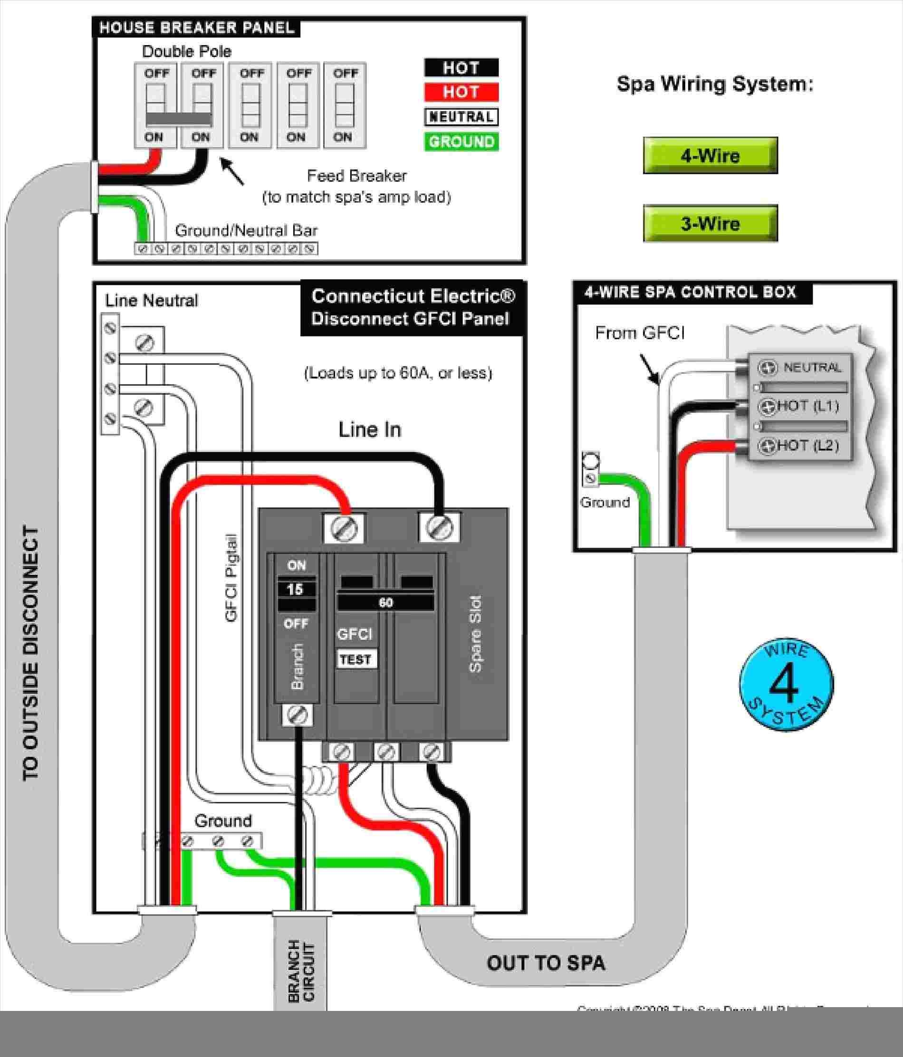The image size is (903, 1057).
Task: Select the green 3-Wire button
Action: click(710, 223)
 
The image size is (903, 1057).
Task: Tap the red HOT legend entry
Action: click(461, 92)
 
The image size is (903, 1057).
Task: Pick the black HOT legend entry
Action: click(461, 68)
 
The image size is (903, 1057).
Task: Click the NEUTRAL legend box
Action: click(461, 117)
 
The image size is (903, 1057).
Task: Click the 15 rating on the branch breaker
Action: click(296, 589)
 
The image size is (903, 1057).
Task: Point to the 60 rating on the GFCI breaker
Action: click(385, 602)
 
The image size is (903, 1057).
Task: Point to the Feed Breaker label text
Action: click(357, 176)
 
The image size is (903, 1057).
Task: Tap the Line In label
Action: click(370, 430)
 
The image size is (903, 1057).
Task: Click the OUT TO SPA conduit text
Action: click(546, 963)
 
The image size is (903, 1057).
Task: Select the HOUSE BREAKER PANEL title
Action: click(197, 28)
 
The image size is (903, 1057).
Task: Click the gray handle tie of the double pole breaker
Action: click(179, 119)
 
